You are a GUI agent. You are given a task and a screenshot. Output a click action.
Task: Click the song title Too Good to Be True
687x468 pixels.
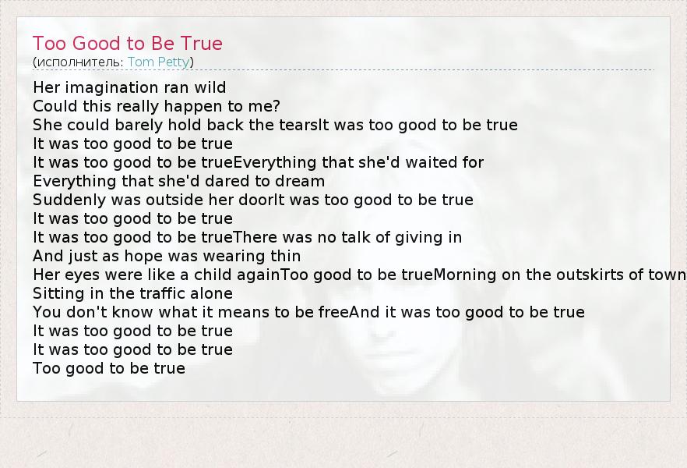128,44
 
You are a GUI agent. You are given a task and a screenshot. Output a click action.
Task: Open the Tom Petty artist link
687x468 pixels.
159,62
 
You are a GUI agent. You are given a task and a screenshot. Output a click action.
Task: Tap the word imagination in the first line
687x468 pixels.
111,87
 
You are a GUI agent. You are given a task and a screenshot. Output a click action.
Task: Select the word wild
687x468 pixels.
210,87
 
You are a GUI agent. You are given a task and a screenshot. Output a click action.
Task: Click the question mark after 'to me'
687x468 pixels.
276,106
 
